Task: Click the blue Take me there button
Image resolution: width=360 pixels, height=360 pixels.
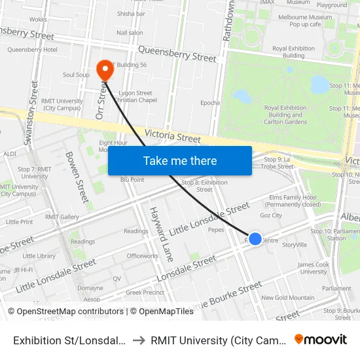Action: click(x=180, y=160)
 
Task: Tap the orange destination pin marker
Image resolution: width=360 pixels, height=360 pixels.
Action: click(x=104, y=69)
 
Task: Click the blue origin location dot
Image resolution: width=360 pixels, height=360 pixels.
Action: click(x=255, y=239)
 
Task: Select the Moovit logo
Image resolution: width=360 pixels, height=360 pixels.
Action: click(x=321, y=339)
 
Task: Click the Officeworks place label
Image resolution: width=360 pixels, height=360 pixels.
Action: click(x=143, y=256)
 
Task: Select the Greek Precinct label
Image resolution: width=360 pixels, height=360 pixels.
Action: click(x=144, y=293)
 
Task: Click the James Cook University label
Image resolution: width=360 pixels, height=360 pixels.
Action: click(x=313, y=268)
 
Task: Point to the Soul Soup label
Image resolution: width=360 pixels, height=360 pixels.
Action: click(x=76, y=75)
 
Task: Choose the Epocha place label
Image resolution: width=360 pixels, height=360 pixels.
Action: click(x=209, y=103)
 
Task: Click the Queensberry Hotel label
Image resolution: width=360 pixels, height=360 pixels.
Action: click(x=32, y=50)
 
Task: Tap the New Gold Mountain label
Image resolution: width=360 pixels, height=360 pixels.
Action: click(x=287, y=298)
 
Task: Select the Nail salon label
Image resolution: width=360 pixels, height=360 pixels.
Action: click(x=130, y=33)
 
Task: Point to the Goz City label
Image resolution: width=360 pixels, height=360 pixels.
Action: click(x=270, y=215)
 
